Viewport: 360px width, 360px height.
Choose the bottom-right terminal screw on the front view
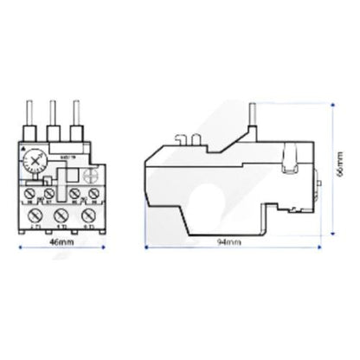click(86, 213)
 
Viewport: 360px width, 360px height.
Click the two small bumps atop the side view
click(184, 138)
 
